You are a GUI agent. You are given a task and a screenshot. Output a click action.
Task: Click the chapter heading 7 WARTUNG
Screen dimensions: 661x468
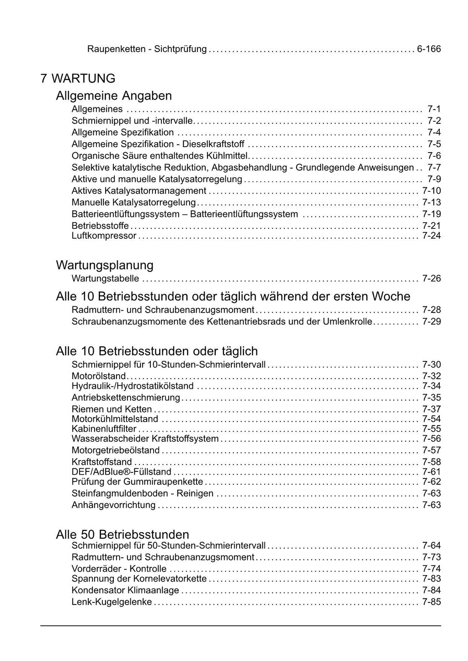pyautogui.click(x=78, y=79)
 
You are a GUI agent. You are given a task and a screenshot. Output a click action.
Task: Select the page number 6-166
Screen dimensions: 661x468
pyautogui.click(x=429, y=49)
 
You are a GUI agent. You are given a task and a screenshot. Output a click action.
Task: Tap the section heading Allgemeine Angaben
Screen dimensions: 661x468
pyautogui.click(x=114, y=96)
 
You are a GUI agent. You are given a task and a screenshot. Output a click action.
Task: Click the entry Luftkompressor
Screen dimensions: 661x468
pyautogui.click(x=104, y=236)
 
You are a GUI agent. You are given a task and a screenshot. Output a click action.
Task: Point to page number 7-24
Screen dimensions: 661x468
pyautogui.click(x=431, y=236)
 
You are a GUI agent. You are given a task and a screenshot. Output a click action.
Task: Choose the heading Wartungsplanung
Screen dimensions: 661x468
pyautogui.click(x=105, y=265)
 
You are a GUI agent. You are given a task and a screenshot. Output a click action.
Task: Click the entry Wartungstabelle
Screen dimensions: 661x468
pyautogui.click(x=105, y=279)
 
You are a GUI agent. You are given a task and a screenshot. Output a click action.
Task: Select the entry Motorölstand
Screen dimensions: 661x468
pyautogui.click(x=98, y=376)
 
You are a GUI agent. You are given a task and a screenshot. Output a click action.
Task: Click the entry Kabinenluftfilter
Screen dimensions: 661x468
pyautogui.click(x=104, y=429)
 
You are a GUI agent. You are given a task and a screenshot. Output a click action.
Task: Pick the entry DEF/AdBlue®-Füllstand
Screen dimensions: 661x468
pyautogui.click(x=121, y=472)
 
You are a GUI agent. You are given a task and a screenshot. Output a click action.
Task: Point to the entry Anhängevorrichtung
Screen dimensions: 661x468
pyautogui.click(x=113, y=505)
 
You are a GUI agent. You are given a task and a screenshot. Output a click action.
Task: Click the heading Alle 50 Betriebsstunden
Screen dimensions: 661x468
pyautogui.click(x=122, y=534)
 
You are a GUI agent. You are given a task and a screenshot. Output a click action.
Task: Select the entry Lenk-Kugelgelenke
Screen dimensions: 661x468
pyautogui.click(x=112, y=602)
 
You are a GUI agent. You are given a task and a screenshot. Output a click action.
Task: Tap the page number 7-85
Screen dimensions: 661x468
pyautogui.click(x=431, y=602)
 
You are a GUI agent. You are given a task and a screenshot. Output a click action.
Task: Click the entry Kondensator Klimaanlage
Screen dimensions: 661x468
pyautogui.click(x=125, y=590)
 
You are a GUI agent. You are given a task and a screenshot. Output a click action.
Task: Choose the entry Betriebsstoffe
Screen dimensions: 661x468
pyautogui.click(x=100, y=226)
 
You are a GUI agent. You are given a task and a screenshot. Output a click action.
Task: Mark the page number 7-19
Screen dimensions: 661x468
pyautogui.click(x=431, y=214)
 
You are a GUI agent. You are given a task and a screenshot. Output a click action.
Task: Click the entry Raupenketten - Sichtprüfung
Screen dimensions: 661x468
pyautogui.click(x=147, y=49)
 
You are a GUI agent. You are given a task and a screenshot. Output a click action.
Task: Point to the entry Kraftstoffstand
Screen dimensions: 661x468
pyautogui.click(x=101, y=462)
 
